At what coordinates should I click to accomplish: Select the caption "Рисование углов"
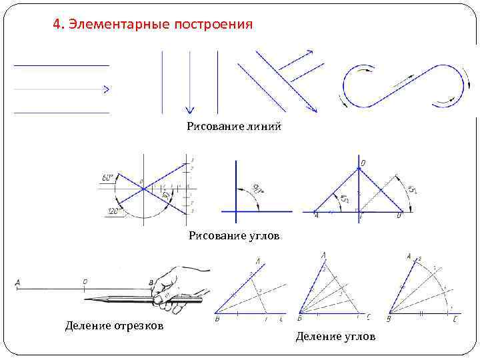click(233, 235)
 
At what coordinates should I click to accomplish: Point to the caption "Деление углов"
click(335, 337)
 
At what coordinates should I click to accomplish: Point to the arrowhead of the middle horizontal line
click(106, 88)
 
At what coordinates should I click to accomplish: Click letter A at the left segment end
click(17, 283)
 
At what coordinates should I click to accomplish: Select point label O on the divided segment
click(85, 282)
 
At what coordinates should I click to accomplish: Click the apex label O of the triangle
click(363, 163)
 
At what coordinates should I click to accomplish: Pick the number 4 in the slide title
click(56, 25)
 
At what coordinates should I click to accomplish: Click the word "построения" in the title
click(213, 25)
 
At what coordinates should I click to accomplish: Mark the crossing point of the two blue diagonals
click(143, 189)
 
